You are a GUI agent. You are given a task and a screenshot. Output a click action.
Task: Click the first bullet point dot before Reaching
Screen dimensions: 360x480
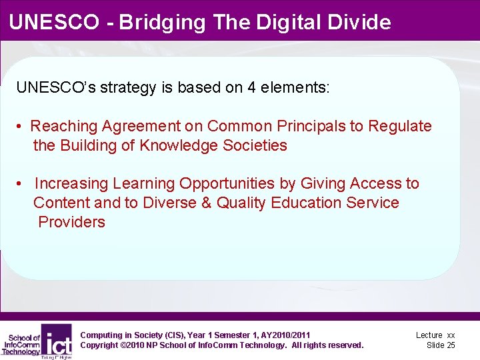coord(21,127)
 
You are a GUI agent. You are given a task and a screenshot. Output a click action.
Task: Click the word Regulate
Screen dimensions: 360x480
coord(402,126)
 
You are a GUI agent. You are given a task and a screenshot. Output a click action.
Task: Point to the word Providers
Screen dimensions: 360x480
coord(72,222)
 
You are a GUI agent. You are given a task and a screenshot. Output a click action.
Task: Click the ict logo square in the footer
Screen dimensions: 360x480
coord(57,340)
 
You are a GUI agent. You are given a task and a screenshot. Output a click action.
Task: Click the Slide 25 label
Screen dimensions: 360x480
coord(441,345)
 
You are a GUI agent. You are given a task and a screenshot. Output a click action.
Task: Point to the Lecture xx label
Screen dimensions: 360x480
coord(435,335)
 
